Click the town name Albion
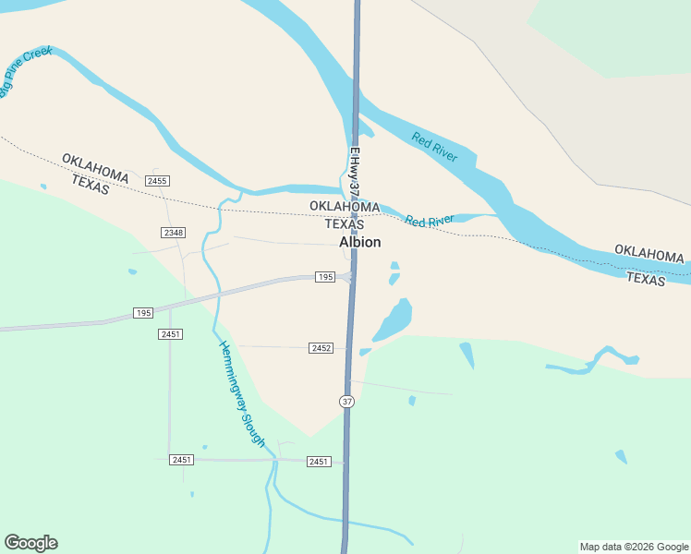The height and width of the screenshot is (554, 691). (359, 242)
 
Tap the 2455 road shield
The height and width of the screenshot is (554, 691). (157, 181)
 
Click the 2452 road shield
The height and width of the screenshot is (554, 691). (321, 348)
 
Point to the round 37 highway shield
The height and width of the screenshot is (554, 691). (346, 402)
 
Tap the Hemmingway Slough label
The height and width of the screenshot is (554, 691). (242, 393)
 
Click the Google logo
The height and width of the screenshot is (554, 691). (30, 543)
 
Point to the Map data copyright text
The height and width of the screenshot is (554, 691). (634, 547)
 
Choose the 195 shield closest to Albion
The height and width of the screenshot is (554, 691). (324, 277)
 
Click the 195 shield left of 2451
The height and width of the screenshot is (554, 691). (142, 313)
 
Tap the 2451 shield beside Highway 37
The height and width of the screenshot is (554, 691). (319, 461)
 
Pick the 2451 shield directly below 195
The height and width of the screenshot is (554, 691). (169, 333)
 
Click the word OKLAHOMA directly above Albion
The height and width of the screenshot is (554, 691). (345, 207)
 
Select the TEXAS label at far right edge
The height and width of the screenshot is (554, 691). (645, 279)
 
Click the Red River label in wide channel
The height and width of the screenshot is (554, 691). (434, 148)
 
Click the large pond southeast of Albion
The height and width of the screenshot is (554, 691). (392, 320)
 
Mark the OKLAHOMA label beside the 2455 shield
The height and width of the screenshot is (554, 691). (95, 166)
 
